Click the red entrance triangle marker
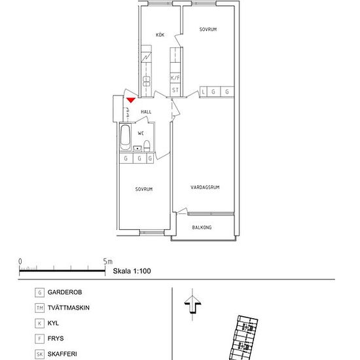pyautogui.click(x=131, y=100)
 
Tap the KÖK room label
pyautogui.click(x=160, y=35)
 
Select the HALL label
pyautogui.click(x=146, y=112)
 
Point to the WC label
pyautogui.click(x=141, y=133)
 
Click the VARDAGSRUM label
pyautogui.click(x=205, y=187)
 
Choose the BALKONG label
pyautogui.click(x=202, y=227)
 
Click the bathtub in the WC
pyautogui.click(x=126, y=137)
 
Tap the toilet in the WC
pyautogui.click(x=147, y=146)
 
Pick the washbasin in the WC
pyautogui.click(x=137, y=149)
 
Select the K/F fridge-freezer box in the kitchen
pyautogui.click(x=175, y=78)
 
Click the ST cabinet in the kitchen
pyautogui.click(x=175, y=90)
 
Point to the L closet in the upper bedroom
pyautogui.click(x=203, y=92)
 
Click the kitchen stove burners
pyautogui.click(x=146, y=82)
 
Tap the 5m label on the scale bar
pyautogui.click(x=107, y=261)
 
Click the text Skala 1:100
pyautogui.click(x=132, y=271)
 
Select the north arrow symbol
pyautogui.click(x=192, y=304)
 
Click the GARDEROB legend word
pyautogui.click(x=65, y=293)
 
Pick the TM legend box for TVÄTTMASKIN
pyautogui.click(x=39, y=308)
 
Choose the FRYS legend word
pyautogui.click(x=56, y=338)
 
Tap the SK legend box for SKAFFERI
pyautogui.click(x=39, y=354)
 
